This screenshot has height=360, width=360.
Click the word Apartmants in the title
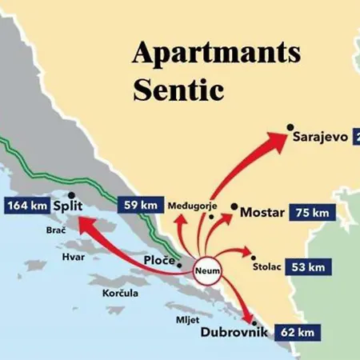[x=216, y=53]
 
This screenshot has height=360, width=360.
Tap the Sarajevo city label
[x=320, y=137]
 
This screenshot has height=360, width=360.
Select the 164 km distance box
[x=26, y=206]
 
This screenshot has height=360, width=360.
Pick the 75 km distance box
[x=310, y=213]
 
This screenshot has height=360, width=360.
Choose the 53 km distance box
[x=307, y=266]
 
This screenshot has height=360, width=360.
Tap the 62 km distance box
[x=298, y=330]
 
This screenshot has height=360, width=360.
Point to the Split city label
[x=68, y=206]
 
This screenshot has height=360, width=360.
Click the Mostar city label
[x=262, y=214]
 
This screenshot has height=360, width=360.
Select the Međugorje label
[x=193, y=206]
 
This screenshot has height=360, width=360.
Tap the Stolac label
[x=266, y=267]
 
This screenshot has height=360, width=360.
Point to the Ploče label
[x=159, y=262]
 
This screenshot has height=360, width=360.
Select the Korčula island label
[x=120, y=294]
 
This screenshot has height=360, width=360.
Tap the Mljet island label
[x=186, y=318]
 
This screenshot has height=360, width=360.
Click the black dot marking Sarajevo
[x=290, y=128]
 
